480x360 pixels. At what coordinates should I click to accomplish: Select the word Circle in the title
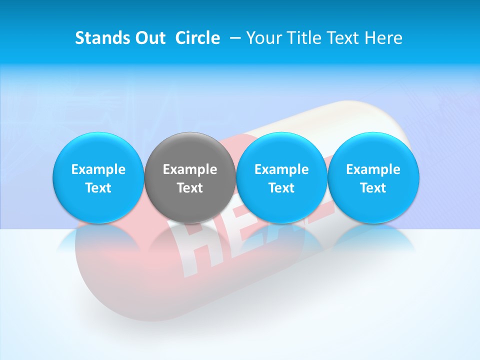click(197, 38)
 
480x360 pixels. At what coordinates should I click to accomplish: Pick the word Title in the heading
click(302, 38)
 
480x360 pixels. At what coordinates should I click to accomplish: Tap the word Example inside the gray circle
click(189, 169)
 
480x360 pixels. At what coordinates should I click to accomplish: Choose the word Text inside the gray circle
click(189, 188)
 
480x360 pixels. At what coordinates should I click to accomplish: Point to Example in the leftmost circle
click(98, 169)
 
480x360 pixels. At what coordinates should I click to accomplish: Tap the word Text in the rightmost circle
click(373, 188)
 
